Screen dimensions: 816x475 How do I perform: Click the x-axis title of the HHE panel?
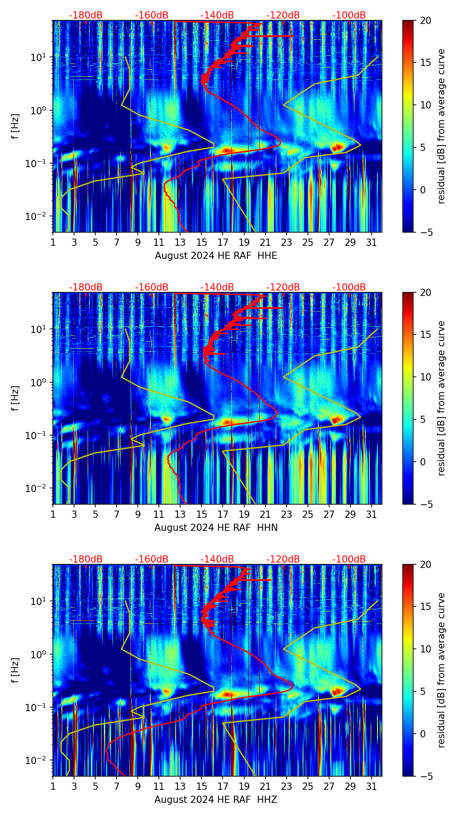tap(216, 256)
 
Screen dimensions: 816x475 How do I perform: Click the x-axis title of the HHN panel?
tap(216, 528)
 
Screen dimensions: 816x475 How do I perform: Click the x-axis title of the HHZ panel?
tap(216, 800)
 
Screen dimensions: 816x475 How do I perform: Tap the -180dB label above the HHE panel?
tap(86, 15)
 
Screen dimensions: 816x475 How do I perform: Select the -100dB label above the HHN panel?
tap(349, 287)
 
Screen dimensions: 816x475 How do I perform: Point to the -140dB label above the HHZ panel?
tap(217, 559)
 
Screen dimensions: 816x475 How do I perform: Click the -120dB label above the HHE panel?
tap(283, 15)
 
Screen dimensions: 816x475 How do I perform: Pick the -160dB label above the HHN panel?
tap(152, 287)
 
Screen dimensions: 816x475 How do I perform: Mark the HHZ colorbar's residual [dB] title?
tap(441, 670)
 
